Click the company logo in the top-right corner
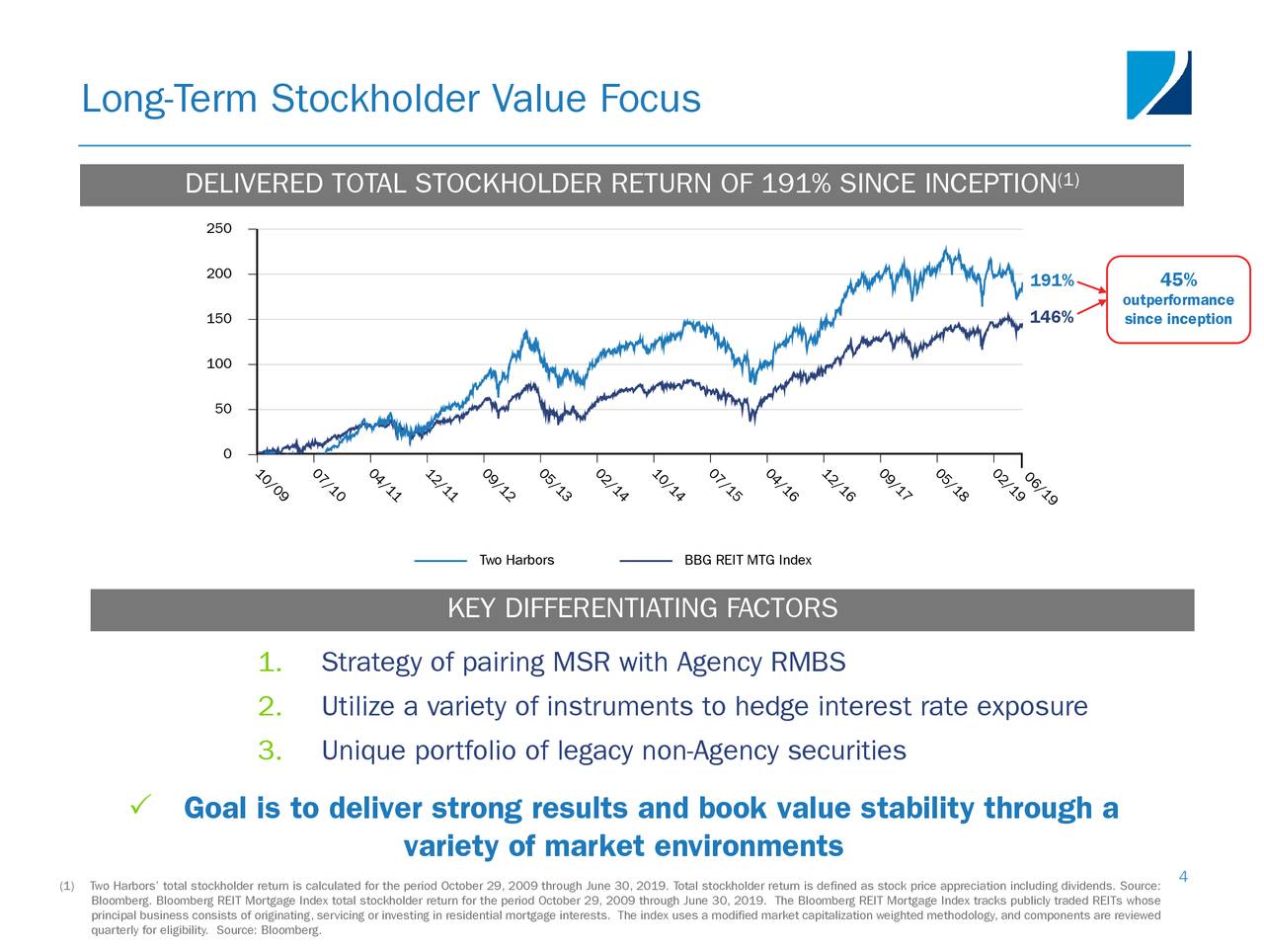pyautogui.click(x=1159, y=85)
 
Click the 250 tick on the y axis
pyautogui.click(x=218, y=229)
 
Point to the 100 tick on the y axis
pyautogui.click(x=218, y=364)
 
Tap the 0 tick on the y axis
pyautogui.click(x=227, y=454)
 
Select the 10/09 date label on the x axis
pyautogui.click(x=273, y=487)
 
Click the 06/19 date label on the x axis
pyautogui.click(x=1041, y=489)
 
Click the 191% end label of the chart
pyautogui.click(x=1052, y=281)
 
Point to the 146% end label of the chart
pyautogui.click(x=1052, y=317)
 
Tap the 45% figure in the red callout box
pyautogui.click(x=1178, y=280)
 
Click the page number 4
pyautogui.click(x=1183, y=877)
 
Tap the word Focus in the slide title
pyautogui.click(x=651, y=100)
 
